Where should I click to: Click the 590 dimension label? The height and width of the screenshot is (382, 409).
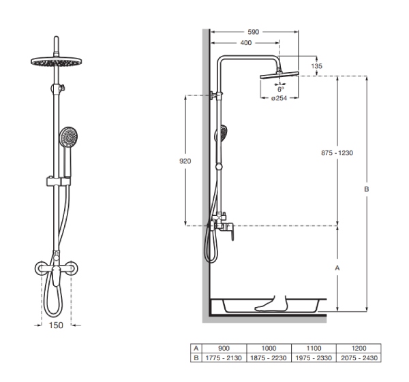253,32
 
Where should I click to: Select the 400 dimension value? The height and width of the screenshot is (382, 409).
245,43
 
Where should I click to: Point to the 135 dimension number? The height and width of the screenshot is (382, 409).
316,66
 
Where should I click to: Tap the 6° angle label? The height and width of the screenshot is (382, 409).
280,89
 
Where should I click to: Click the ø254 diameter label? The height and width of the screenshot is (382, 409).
279,98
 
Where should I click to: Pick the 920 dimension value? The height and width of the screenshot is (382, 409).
185,161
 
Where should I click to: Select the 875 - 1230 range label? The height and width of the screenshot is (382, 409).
337,153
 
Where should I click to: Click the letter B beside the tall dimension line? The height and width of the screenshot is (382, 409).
366,189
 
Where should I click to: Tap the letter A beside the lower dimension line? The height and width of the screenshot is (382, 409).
337,268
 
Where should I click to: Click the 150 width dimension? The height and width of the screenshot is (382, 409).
56,325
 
